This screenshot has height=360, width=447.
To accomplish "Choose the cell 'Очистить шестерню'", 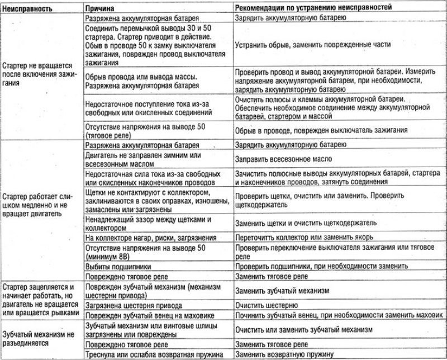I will (265, 305).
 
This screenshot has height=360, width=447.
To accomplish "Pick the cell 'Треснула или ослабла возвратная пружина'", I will (154, 354).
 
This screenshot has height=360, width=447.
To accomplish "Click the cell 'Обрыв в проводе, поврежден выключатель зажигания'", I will (320, 130).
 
